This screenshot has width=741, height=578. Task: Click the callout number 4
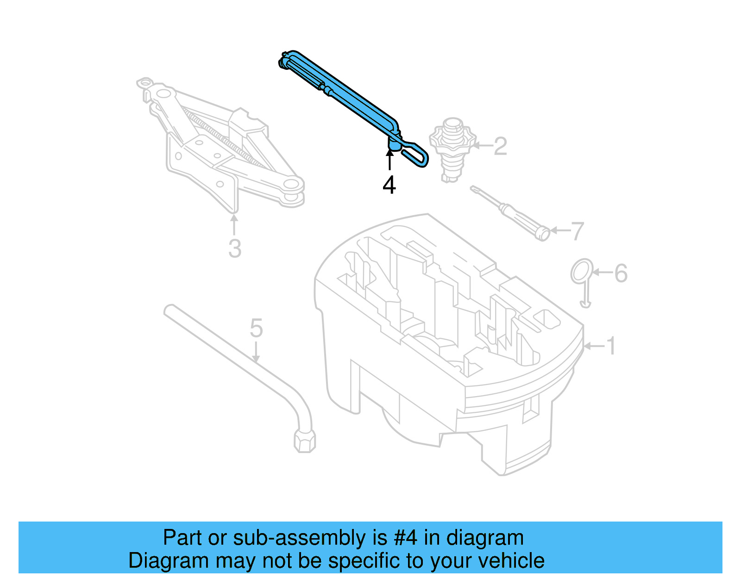point(389,185)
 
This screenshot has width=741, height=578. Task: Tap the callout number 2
point(500,146)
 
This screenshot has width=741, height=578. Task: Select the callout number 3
point(235,249)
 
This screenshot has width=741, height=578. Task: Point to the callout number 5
point(256,328)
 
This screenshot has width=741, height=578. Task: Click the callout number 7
point(577,231)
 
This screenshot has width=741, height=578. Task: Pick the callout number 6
point(621,273)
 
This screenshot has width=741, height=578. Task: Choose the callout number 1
point(611,346)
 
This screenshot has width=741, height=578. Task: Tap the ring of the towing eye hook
point(582,271)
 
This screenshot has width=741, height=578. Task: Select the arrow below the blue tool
point(389,160)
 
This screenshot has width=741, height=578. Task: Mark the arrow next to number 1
point(594,346)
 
